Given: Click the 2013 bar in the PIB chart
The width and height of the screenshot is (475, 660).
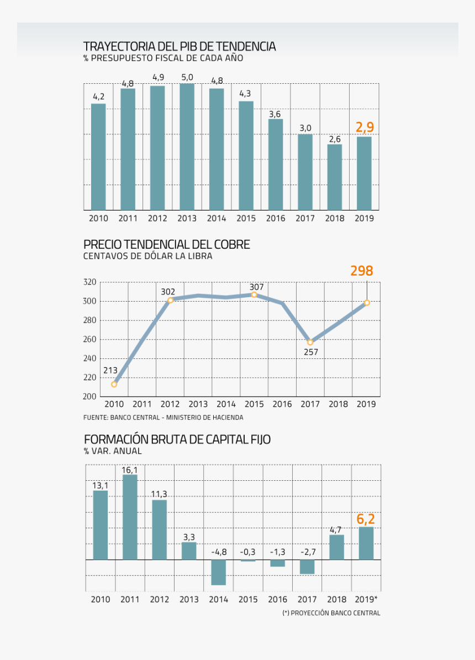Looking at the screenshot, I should coord(187,147).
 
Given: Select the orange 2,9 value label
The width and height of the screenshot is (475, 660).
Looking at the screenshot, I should coord(365,128).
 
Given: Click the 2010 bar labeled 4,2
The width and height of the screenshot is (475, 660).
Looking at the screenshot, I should coord(98,157).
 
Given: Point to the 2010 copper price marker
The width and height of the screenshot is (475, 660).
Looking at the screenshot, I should coord(114,384).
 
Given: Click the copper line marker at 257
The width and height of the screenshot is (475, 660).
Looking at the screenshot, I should coord(310,342).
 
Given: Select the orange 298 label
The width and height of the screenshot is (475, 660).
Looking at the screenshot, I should coord(362,271).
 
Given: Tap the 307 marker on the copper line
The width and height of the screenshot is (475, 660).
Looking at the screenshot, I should coord(254,294).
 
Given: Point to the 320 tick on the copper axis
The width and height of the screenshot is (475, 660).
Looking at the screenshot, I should coord(90,282).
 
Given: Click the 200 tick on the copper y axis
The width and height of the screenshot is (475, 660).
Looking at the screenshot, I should coord(90,396).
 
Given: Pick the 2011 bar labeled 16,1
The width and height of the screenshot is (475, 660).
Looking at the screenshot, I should coord(130,517).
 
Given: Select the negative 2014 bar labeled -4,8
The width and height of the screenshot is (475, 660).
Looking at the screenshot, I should coord(219,572).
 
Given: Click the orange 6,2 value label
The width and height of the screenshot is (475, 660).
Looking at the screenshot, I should coord(366,519).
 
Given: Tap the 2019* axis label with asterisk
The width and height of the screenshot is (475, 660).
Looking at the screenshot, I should coord(366,599).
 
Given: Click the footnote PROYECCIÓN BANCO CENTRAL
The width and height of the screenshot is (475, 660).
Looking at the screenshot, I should coord(331,613).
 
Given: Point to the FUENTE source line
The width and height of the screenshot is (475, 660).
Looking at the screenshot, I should coord(163,418).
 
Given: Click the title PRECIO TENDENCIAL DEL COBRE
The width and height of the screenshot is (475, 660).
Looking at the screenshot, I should coord(167,244).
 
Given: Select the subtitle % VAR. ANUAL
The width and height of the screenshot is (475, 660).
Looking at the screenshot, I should coord(113,451).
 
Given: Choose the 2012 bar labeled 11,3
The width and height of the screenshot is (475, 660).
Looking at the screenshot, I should coord(160,529).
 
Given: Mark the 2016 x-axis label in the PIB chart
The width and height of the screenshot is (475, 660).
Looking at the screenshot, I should coord(276,218).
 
